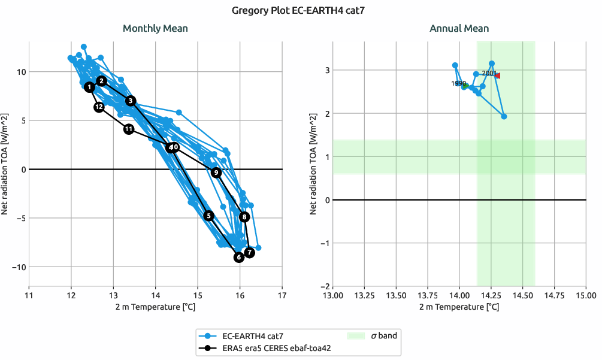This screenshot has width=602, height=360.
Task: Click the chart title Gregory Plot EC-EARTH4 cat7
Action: [x=301, y=10]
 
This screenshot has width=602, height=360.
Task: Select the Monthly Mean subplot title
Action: [x=155, y=28]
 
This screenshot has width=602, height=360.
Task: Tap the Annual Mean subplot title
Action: [x=459, y=28]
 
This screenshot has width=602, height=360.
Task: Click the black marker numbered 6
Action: [x=239, y=258]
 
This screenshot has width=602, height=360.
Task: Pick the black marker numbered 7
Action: [x=250, y=253]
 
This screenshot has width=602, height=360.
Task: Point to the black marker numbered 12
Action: [x=99, y=107]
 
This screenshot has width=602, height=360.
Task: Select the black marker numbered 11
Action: [x=129, y=129]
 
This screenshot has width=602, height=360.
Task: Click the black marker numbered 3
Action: [x=131, y=101]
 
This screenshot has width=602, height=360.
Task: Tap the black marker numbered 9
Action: [x=216, y=173]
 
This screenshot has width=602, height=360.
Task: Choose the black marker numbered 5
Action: [x=208, y=216]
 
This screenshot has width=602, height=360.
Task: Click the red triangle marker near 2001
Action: [x=497, y=75]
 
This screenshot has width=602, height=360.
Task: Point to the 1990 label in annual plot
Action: [x=458, y=84]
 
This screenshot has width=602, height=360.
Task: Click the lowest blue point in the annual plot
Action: [x=504, y=116]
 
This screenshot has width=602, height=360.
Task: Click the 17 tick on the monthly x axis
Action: [x=282, y=295]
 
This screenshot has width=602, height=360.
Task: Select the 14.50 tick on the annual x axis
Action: [x=523, y=295]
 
